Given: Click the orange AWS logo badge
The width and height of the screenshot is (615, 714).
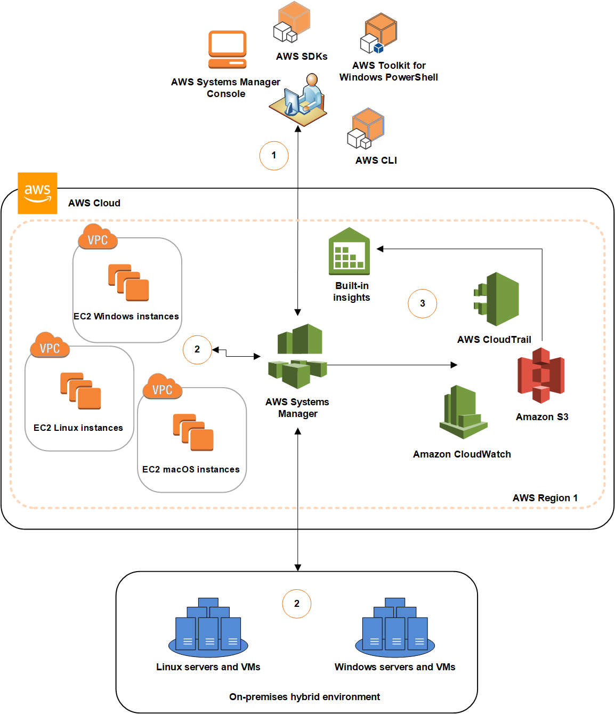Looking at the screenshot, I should (x=37, y=193).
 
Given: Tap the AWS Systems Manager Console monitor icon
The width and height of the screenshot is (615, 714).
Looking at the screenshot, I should (x=228, y=50).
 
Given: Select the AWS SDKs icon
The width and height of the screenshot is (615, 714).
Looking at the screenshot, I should (x=292, y=22).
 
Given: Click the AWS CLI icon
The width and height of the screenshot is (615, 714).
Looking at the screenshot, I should (x=366, y=129).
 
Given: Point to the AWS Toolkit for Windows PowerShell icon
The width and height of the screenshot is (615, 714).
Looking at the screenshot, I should (x=379, y=34).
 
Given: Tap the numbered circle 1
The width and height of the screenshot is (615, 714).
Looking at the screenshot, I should (x=274, y=156).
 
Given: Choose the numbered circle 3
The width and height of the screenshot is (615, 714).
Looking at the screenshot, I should (x=422, y=303).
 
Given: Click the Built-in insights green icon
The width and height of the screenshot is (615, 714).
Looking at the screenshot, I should (x=349, y=251).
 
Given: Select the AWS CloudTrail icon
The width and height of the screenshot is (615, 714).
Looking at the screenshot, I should (x=496, y=299).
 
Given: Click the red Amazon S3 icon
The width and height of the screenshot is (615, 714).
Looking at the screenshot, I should (x=541, y=375).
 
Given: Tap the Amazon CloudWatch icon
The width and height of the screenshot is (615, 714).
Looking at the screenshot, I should (x=463, y=412).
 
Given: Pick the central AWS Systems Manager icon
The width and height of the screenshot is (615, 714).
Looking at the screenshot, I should (x=297, y=356).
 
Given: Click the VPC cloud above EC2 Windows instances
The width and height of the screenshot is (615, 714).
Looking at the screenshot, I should (x=98, y=238).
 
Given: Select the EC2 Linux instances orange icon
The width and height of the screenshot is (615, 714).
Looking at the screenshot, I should (x=80, y=391).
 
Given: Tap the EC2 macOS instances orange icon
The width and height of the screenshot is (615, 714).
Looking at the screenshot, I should (x=193, y=432).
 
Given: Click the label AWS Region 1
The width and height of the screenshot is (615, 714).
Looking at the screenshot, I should (x=545, y=498).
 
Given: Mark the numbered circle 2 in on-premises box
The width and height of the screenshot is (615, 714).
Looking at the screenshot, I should (x=297, y=604).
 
